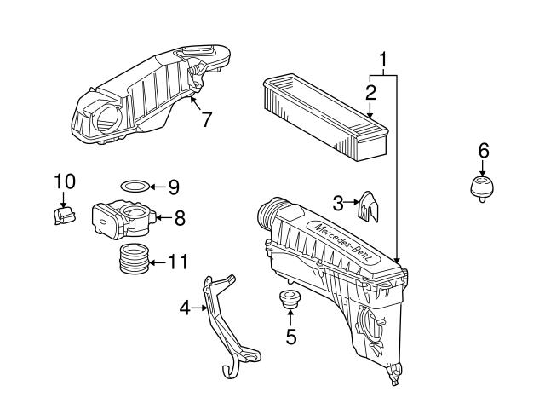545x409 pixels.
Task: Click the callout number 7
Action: point(206,119)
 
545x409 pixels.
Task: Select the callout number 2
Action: point(370,93)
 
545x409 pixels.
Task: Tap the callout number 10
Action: point(65,181)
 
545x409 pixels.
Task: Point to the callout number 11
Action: point(178,262)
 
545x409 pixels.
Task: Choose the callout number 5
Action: point(291,337)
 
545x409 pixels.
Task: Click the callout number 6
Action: point(484,151)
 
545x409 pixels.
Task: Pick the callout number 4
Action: point(185,308)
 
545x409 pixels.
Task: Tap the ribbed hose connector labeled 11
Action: point(134,259)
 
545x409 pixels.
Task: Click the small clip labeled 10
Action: point(65,216)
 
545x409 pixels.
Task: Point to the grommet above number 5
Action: point(290,299)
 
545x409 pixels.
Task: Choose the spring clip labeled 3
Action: point(368,206)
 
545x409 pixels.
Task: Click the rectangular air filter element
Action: point(325,117)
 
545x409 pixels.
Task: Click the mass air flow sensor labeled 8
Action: point(124,220)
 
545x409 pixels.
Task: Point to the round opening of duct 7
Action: point(108,119)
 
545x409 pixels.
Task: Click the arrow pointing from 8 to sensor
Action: point(164,218)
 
